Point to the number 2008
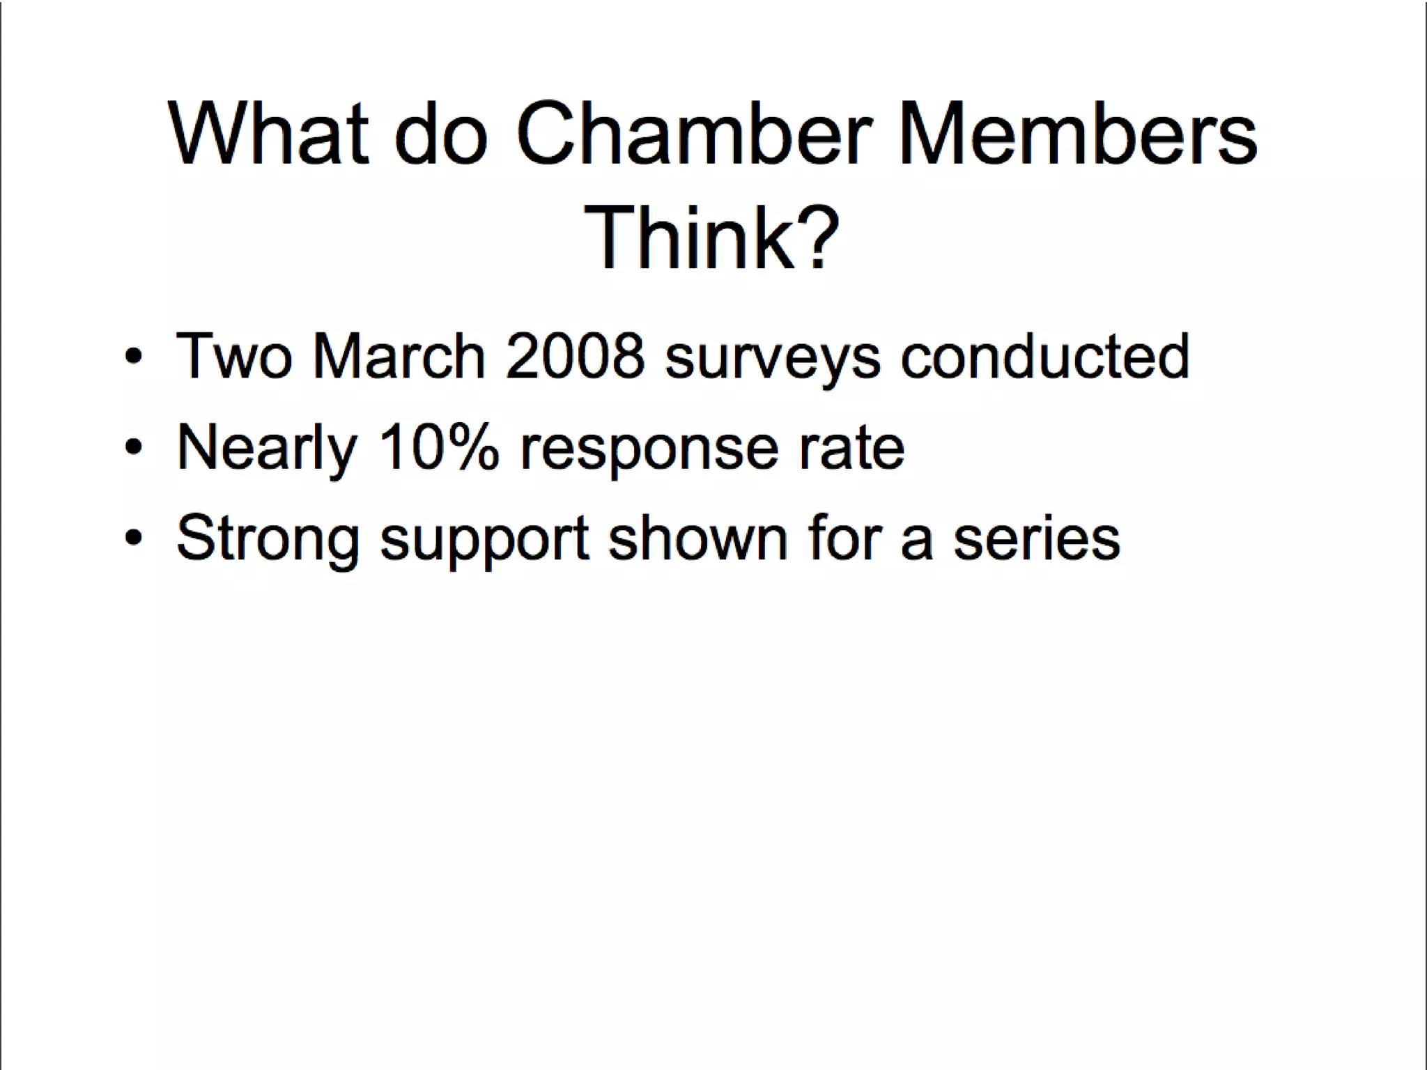pos(575,356)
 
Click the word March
pos(399,356)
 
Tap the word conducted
pos(1045,356)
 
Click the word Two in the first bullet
pos(234,356)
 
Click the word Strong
pos(268,539)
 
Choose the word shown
pos(697,538)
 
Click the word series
pos(1037,539)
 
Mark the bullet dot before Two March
pos(134,357)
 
